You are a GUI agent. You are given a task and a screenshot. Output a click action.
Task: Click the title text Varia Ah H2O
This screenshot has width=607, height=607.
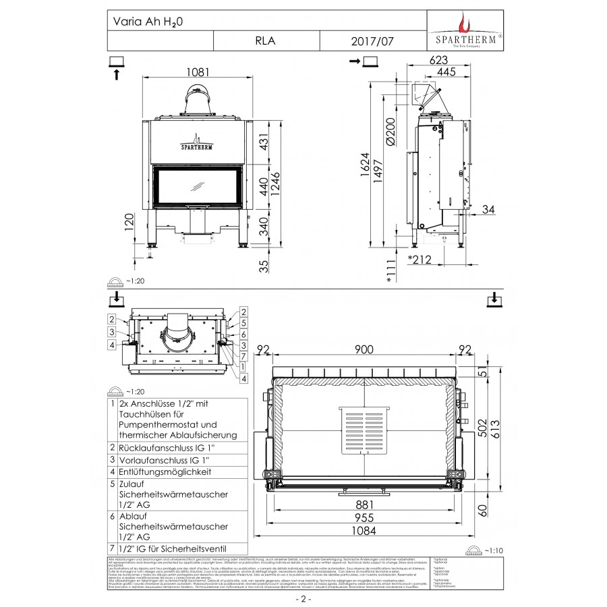pos(146,22)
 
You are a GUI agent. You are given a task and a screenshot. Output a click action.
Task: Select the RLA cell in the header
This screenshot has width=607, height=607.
pos(265,41)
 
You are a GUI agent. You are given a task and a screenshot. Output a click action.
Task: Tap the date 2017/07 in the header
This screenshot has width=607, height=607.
pos(370,41)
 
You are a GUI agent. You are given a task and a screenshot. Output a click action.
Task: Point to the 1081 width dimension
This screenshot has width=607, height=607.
pos(198,73)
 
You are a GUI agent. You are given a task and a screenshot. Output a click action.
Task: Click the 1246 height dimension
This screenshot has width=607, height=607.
pos(275,182)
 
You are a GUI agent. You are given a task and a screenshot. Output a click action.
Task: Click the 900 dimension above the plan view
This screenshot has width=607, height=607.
pos(365,349)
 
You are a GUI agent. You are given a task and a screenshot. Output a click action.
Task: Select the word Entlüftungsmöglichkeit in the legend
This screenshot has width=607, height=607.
pos(165,471)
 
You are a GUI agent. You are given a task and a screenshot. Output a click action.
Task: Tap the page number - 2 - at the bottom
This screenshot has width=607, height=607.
pos(303,598)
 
